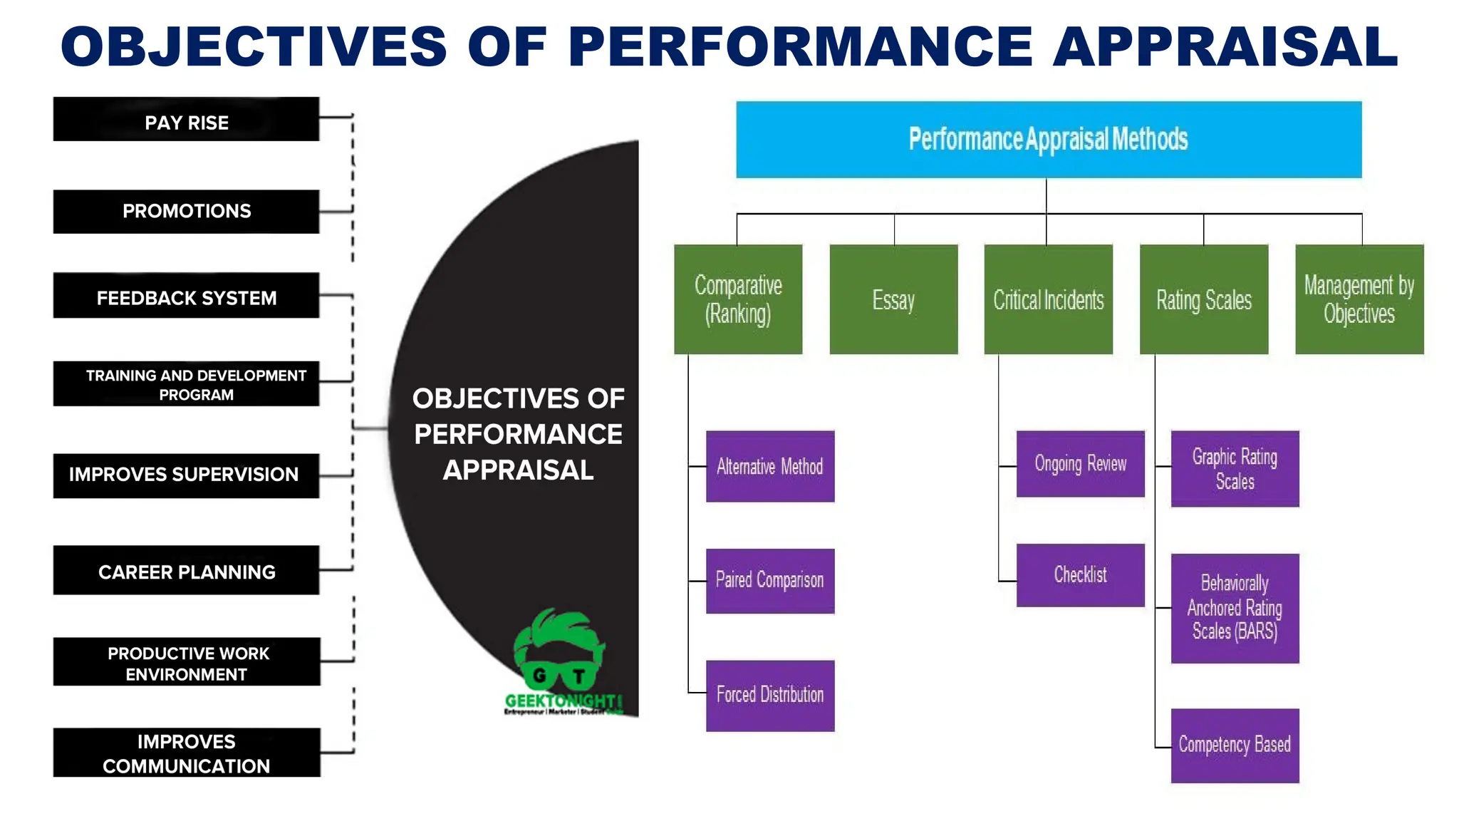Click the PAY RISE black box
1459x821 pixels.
point(186,120)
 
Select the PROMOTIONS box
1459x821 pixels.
point(186,212)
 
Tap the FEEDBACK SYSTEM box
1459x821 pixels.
point(186,296)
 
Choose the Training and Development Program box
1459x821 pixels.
point(186,384)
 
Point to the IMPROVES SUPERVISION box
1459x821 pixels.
point(186,475)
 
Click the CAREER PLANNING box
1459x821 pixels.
point(186,570)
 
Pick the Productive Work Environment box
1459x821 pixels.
point(187,662)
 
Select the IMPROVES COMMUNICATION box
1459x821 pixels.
point(187,753)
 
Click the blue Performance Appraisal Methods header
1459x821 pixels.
point(1049,140)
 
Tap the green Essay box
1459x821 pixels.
point(893,299)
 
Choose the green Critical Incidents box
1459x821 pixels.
point(1048,299)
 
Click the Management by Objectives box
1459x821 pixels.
point(1359,299)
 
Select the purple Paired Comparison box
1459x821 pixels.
point(770,581)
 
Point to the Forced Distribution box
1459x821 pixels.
point(770,696)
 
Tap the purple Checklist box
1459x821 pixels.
point(1080,575)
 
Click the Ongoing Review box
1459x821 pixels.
point(1080,464)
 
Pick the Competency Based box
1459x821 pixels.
point(1235,745)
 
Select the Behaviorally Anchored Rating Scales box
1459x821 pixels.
point(1235,608)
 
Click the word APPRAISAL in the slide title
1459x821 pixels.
point(1225,47)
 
